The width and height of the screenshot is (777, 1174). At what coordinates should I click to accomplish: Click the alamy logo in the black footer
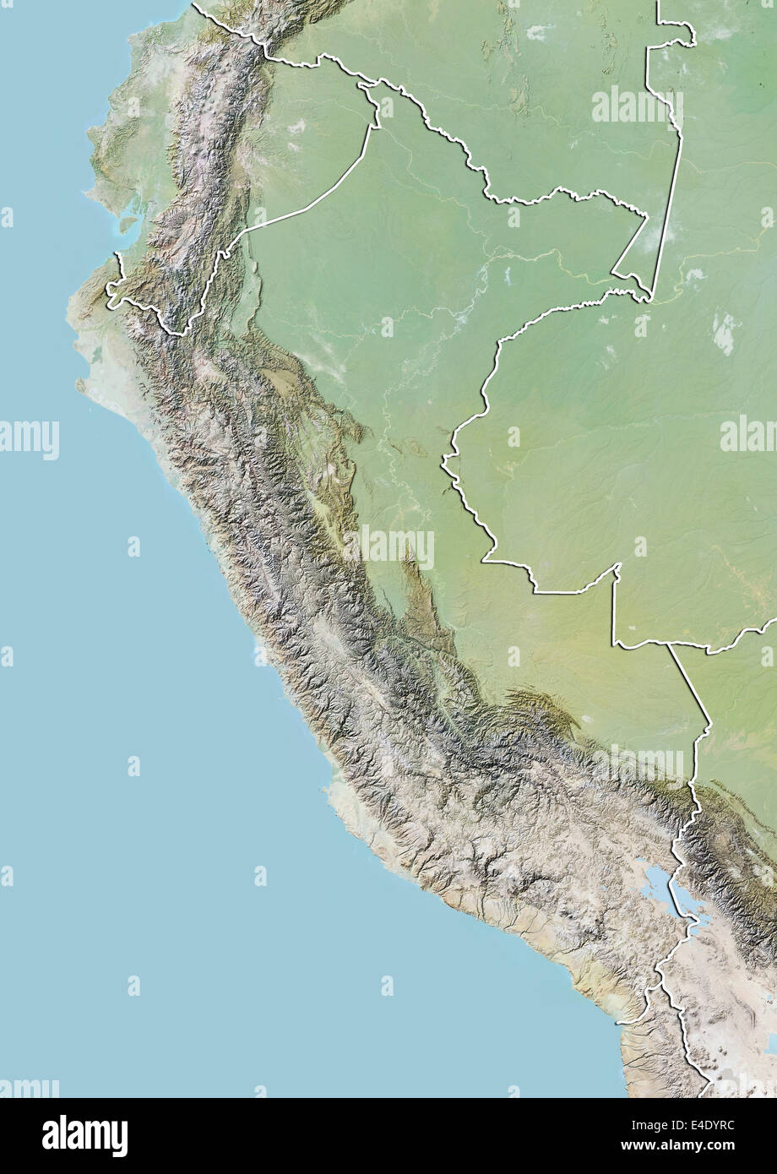[84, 1136]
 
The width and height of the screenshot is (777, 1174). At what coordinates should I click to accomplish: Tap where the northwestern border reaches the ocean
[117, 253]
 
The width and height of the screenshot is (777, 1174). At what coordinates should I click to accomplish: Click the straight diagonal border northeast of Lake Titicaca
[688, 684]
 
